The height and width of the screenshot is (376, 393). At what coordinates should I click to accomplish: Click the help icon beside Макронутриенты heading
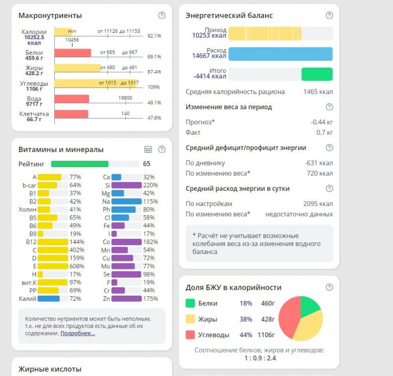161,16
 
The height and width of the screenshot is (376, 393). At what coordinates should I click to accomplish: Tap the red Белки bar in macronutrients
73,53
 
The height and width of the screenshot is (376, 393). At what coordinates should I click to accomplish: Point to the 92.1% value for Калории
154,36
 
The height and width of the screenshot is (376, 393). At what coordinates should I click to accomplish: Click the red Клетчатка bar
72,114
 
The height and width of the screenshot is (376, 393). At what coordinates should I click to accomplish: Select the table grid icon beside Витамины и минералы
148,149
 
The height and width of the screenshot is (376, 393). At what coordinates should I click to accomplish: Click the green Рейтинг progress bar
80,164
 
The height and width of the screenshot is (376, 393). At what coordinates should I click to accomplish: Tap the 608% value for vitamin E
76,266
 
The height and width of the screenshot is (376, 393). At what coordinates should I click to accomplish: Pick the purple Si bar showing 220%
126,185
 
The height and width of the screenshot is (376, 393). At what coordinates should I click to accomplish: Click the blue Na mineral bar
126,201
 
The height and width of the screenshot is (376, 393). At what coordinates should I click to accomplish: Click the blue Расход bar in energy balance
280,54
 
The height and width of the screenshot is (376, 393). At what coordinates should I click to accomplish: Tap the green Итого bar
317,74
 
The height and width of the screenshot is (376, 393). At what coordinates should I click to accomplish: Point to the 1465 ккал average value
318,92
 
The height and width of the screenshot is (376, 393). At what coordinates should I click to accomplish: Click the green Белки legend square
190,303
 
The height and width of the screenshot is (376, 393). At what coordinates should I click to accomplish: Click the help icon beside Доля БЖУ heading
329,287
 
